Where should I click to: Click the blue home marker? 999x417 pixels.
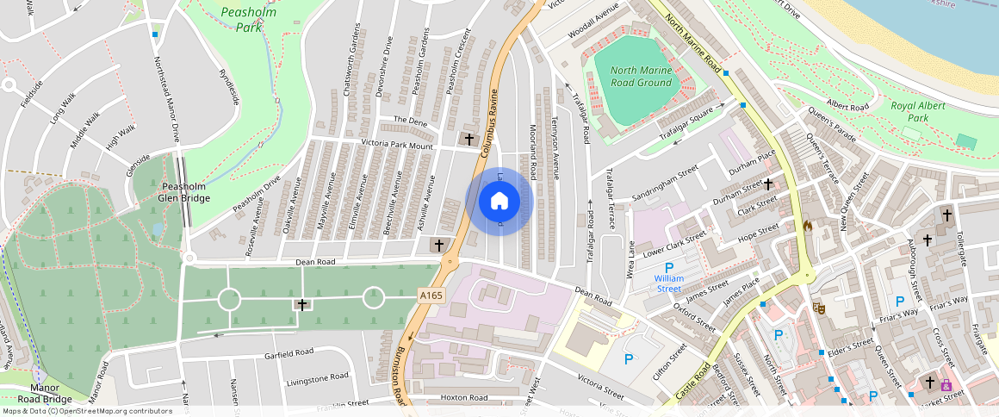coord(499,202)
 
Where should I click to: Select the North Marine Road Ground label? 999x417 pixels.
coord(641,76)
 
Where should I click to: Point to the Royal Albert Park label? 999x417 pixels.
coord(919,111)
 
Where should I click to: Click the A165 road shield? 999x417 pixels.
coord(431,296)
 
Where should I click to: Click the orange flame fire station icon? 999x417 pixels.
coord(807,226)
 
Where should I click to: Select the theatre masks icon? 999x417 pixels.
coord(819,307)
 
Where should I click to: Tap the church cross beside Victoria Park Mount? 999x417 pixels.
coord(469,139)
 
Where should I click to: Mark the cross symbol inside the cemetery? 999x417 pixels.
coord(301,304)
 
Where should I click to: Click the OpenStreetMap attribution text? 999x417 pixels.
coord(87,411)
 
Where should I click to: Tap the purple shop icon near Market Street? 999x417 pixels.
coord(947,384)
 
